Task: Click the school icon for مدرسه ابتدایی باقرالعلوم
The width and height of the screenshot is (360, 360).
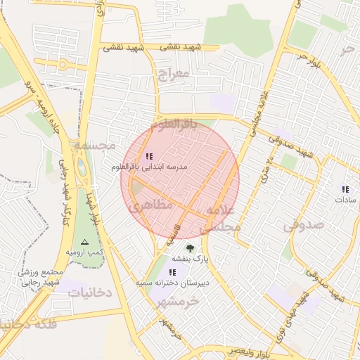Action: (148, 156)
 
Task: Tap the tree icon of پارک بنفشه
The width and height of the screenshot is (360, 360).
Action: (190, 247)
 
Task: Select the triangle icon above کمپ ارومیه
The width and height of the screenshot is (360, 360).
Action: (85, 241)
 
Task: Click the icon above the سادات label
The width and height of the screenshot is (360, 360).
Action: (345, 188)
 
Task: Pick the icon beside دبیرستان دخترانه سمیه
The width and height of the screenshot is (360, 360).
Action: (173, 271)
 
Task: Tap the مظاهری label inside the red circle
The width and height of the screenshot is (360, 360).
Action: (146, 207)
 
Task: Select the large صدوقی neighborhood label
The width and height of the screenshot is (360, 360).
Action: (304, 225)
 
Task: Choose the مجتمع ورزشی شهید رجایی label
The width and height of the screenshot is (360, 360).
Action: (42, 277)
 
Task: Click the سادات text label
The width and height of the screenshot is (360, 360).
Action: (345, 200)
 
